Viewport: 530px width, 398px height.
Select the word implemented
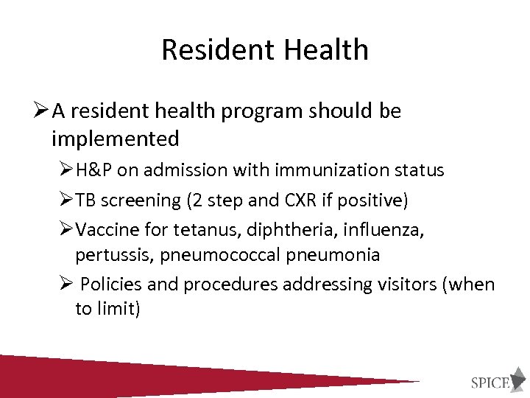click(x=116, y=138)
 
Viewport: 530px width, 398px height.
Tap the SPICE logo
click(x=498, y=381)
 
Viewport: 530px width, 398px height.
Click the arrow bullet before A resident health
click(x=40, y=111)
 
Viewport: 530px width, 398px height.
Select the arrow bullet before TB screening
click(x=65, y=200)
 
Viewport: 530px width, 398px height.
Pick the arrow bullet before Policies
click(x=65, y=284)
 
